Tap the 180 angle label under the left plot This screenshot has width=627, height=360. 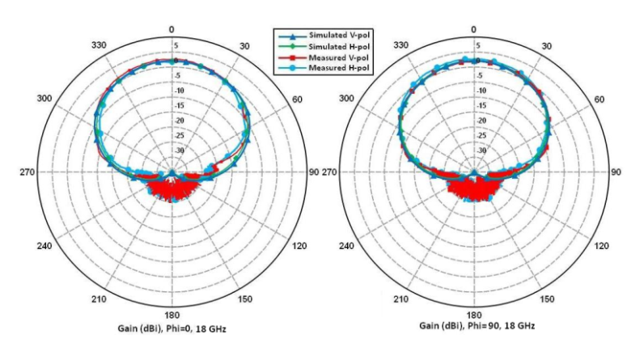171,315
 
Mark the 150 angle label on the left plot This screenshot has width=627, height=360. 245,299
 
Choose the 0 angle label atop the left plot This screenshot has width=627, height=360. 171,29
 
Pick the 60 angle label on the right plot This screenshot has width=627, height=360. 599,100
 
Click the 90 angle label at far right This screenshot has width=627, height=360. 616,172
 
